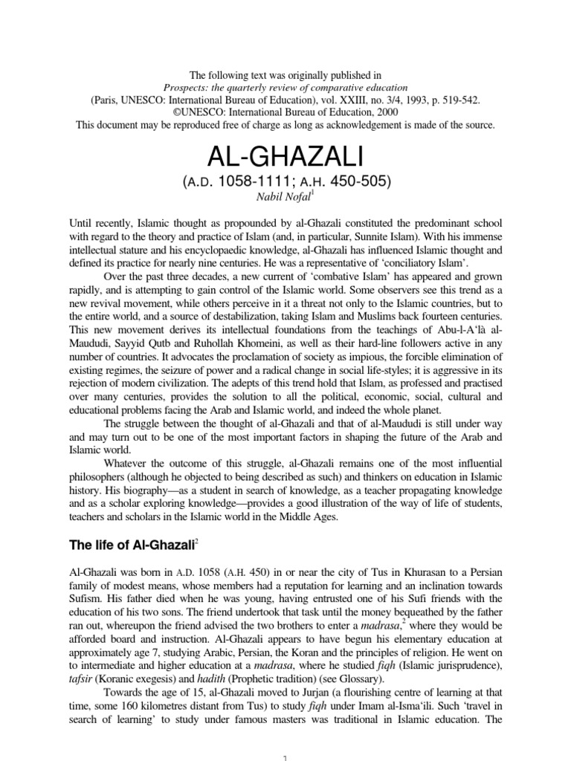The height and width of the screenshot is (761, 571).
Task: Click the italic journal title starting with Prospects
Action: coord(285,86)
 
